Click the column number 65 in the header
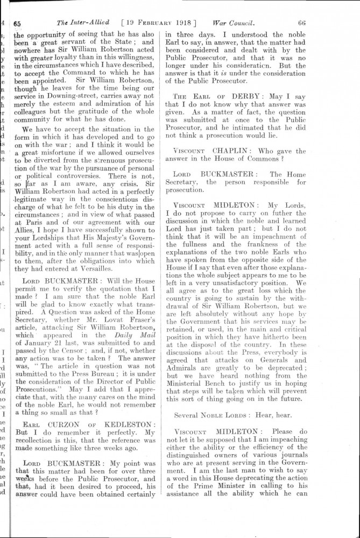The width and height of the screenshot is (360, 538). (17, 23)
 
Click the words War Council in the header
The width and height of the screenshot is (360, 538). (233, 23)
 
